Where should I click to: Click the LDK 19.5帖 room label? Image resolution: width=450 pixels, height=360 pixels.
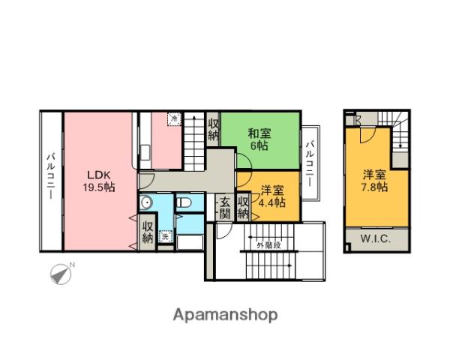click(x=98, y=180)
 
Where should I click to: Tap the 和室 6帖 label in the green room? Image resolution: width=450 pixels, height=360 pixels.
click(x=259, y=139)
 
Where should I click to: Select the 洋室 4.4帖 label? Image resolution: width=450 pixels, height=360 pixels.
click(x=271, y=196)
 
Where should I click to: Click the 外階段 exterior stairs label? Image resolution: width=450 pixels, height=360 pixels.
click(x=267, y=245)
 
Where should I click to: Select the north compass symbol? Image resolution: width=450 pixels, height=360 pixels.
click(x=61, y=274)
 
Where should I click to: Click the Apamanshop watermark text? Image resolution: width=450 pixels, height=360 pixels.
click(x=225, y=314)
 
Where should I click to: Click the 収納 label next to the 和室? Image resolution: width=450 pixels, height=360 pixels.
click(x=214, y=130)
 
